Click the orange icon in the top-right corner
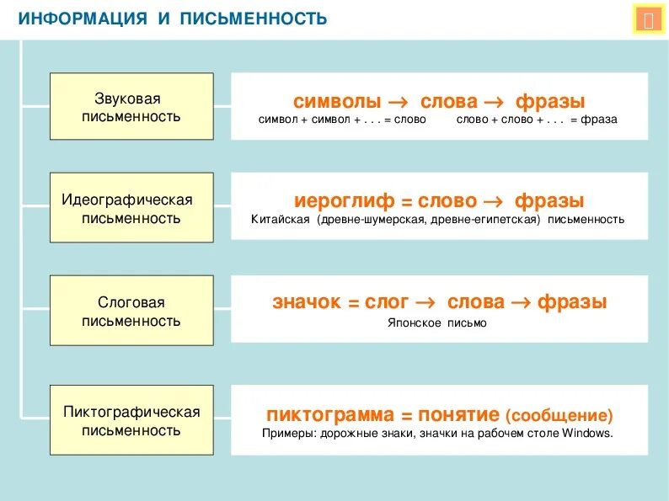(648, 20)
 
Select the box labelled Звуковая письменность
(131, 107)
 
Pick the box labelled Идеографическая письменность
(131, 208)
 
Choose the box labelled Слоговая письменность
(131, 310)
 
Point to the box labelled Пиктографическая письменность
(131, 419)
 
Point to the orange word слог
(387, 302)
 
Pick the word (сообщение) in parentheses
(559, 416)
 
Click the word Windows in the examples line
(588, 434)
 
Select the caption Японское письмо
(437, 322)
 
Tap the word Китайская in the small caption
(281, 220)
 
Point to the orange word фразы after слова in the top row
(549, 102)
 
